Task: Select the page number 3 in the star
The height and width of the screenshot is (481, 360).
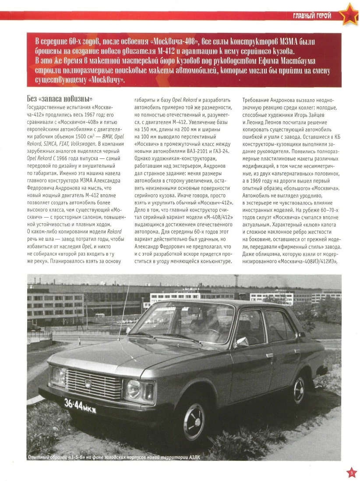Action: tap(351, 473)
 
